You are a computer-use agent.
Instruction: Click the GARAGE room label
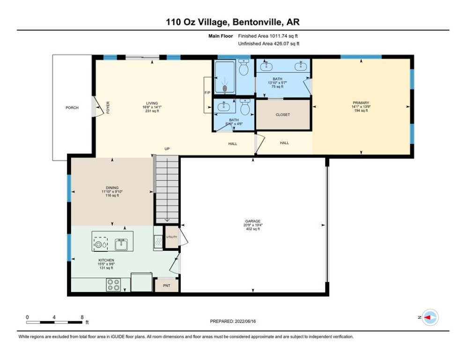[x=253, y=221]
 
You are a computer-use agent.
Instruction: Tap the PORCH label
[x=72, y=108]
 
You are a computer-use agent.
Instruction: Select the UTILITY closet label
[x=172, y=237]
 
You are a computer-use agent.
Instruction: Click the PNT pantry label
[x=166, y=285]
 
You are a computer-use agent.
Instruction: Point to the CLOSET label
[x=283, y=115]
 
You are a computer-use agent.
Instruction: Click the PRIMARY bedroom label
[x=361, y=103]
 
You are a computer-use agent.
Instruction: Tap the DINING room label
[x=112, y=187]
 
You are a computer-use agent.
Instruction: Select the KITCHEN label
[x=106, y=260]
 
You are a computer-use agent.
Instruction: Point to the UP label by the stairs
[x=166, y=149]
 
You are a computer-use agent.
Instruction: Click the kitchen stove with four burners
[x=114, y=285]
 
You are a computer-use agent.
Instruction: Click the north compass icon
[x=429, y=317]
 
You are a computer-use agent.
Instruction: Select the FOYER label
[x=108, y=108]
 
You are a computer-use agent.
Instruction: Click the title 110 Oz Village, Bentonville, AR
[x=233, y=22]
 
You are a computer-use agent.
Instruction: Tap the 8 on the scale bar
[x=82, y=317]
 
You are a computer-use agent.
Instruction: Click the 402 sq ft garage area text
[x=253, y=229]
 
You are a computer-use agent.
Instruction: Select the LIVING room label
[x=152, y=103]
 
